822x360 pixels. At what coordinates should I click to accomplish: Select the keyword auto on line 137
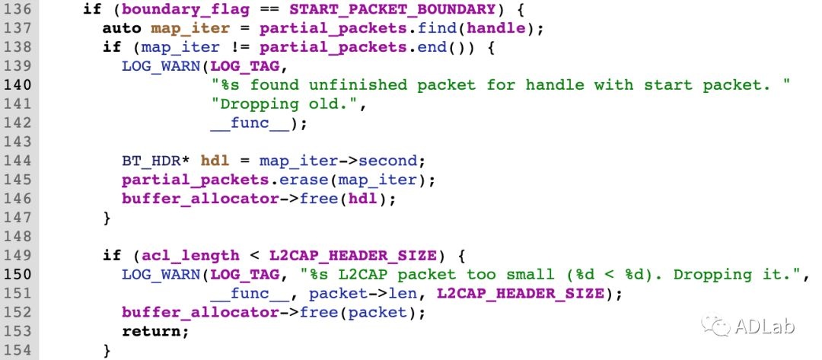click(x=123, y=29)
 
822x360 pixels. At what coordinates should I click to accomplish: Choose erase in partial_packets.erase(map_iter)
click(x=307, y=180)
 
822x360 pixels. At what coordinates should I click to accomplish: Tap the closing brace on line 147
click(x=107, y=218)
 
